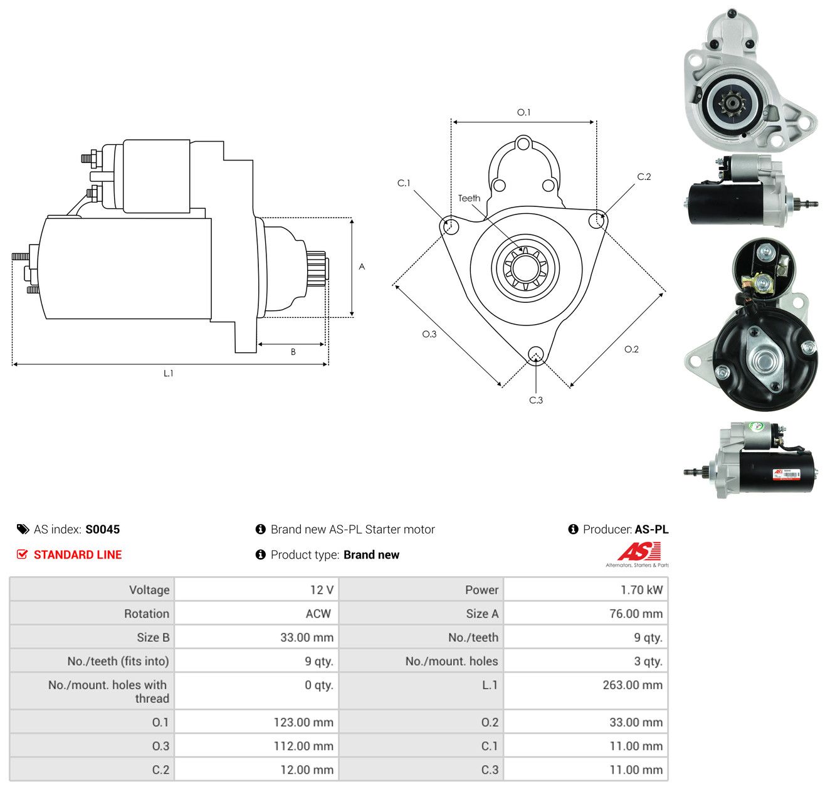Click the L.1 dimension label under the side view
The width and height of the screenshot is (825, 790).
point(168,373)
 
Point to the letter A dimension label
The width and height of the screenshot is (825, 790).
point(361,266)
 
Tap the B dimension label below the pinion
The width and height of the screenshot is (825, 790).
point(293,352)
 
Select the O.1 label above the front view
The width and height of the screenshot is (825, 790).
point(523,112)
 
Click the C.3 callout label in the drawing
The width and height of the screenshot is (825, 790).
point(535,400)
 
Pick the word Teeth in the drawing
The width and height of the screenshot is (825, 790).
point(469,198)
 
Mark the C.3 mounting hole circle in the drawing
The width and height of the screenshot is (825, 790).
point(535,354)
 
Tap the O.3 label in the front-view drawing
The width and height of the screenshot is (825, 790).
point(429,334)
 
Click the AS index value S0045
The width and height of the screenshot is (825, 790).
point(102,529)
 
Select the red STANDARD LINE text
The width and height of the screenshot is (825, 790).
point(78,554)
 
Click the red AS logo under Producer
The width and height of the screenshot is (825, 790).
point(638,551)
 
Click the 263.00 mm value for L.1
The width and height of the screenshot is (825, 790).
point(632,685)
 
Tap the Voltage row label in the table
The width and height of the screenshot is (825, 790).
point(149,589)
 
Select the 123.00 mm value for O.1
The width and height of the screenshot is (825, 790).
point(303,722)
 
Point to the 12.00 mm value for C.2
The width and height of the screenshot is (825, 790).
point(307,769)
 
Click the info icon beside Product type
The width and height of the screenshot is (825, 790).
point(260,554)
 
